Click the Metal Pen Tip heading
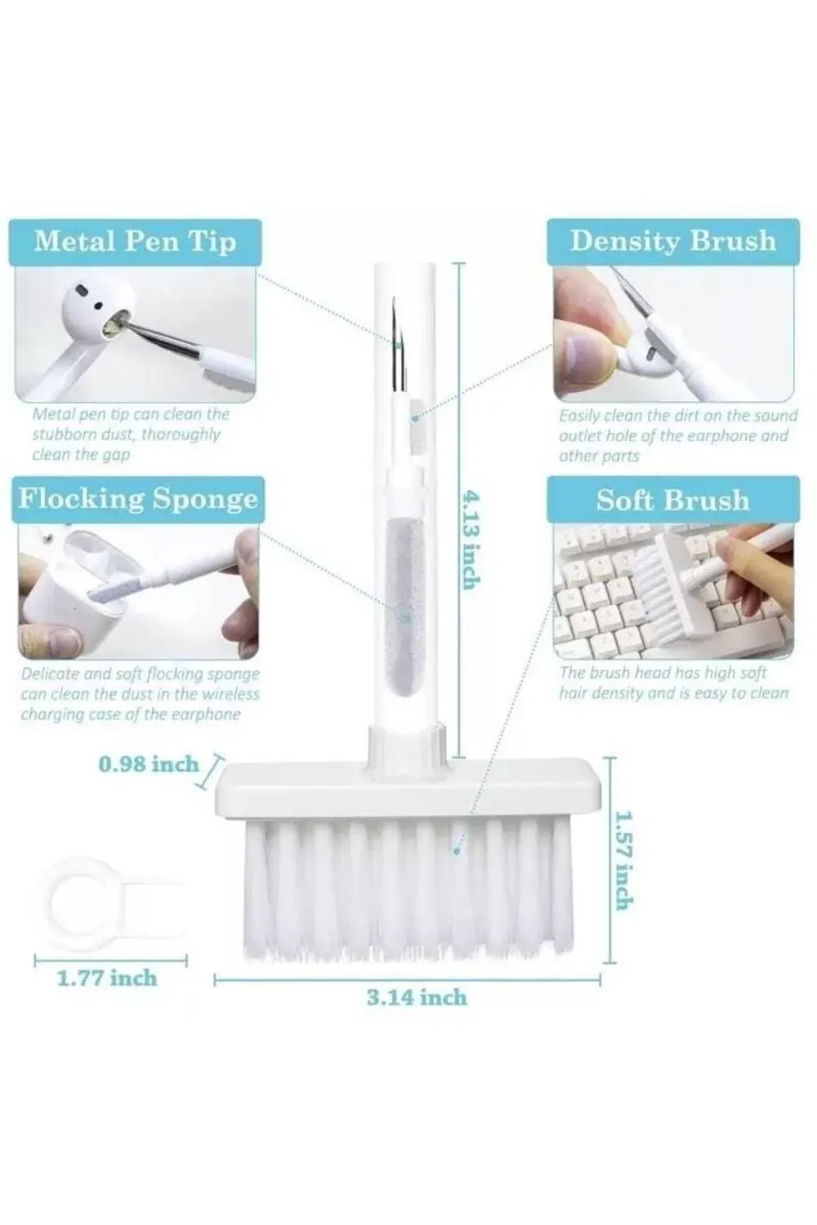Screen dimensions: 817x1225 [x=135, y=241]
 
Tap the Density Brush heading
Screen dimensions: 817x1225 [x=673, y=241]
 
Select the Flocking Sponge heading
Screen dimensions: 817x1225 [x=138, y=499]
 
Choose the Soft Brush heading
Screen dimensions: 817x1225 [x=672, y=500]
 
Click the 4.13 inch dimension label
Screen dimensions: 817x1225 [x=471, y=539]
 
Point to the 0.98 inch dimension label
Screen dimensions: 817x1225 [x=149, y=764]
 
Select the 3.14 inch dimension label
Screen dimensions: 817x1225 [x=417, y=998]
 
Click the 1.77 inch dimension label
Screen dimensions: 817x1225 [x=107, y=978]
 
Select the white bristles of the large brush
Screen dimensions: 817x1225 [x=408, y=889]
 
